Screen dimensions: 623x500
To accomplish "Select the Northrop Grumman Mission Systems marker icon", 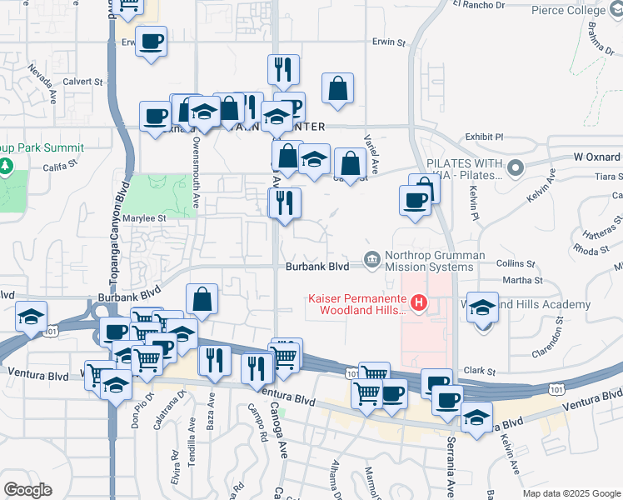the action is coord(372,261).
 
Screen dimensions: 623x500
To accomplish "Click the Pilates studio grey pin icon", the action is coord(515,169).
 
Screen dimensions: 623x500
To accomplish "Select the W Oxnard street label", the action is coord(597,157).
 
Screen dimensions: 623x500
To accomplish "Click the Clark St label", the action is coord(479,371).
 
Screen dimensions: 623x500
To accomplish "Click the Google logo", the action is coord(27,489).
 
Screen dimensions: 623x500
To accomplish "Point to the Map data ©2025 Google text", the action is coord(571,493).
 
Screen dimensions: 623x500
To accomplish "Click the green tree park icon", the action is coord(7,164).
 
